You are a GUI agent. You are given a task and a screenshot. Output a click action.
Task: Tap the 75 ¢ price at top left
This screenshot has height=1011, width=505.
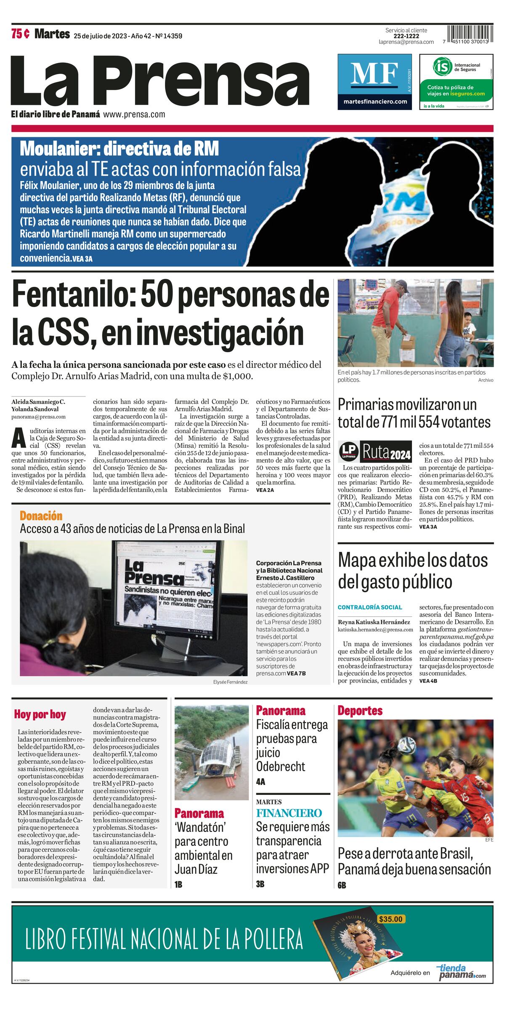[20, 34]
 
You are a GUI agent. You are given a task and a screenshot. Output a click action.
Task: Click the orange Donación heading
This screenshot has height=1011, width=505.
[41, 516]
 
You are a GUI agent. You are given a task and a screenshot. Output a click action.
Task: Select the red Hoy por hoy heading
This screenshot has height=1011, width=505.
[40, 714]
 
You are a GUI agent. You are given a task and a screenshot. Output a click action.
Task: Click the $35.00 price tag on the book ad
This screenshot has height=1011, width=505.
[390, 919]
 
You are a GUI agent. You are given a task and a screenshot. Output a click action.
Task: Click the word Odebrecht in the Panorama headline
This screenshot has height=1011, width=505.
[281, 766]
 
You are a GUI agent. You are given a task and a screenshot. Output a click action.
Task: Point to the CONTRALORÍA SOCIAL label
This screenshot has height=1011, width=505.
[370, 607]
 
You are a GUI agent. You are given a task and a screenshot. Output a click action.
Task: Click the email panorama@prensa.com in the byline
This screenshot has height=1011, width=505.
[38, 417]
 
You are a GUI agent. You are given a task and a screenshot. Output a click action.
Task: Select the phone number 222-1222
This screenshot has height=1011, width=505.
[406, 36]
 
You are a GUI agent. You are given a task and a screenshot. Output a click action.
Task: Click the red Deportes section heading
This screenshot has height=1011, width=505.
[360, 711]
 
